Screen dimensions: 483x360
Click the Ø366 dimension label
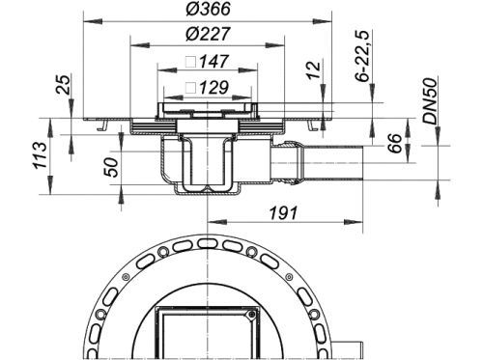pos(208,9)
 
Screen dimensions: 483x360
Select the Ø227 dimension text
pos(208,34)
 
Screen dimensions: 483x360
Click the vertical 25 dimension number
pos(64,84)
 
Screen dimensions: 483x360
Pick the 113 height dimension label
pos(41,155)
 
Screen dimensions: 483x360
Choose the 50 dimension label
pos(112,167)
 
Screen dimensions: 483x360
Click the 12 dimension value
pos(314,69)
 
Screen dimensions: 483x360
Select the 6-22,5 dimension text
pos(362,56)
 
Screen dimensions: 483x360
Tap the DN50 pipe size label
pos(431,100)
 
